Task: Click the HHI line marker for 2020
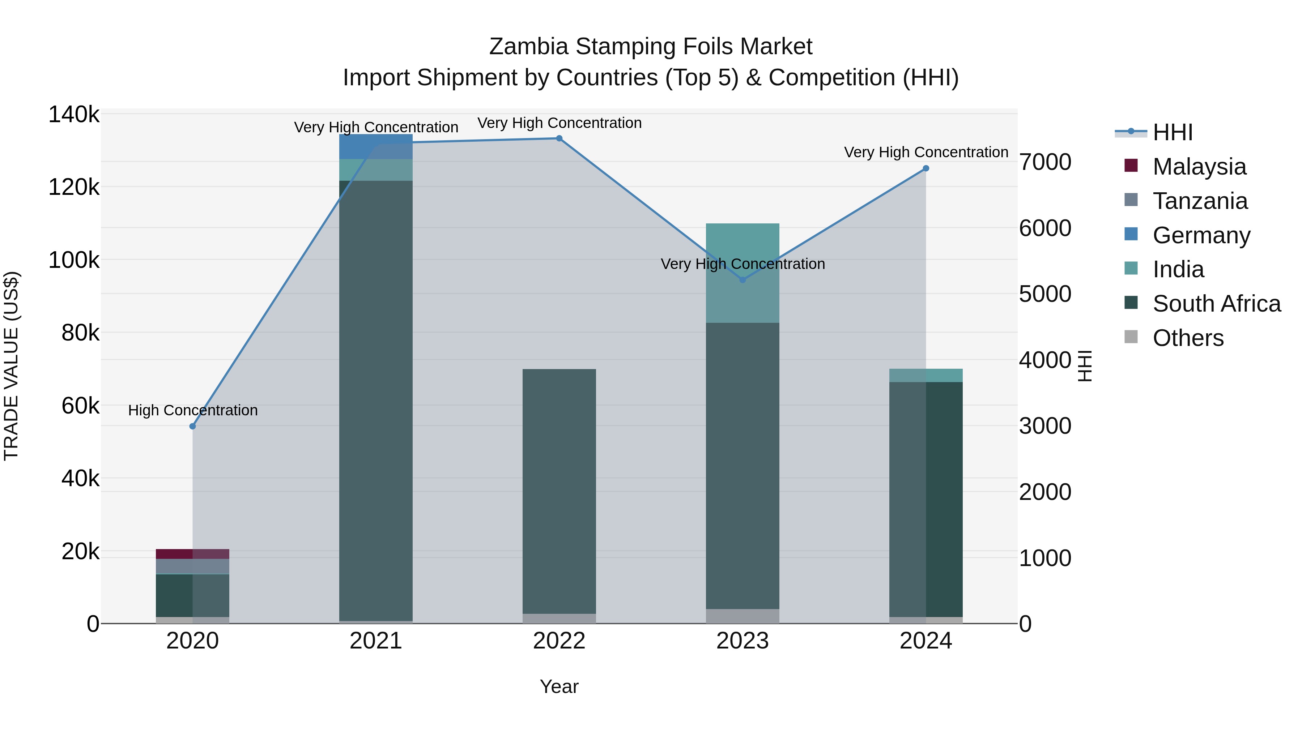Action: (192, 427)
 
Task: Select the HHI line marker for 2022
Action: (559, 138)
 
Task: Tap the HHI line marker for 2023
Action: (743, 280)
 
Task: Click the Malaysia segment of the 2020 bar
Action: (192, 554)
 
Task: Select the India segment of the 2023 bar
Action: (743, 273)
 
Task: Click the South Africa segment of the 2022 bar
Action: (559, 490)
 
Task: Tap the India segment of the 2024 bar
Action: (926, 375)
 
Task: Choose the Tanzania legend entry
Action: (1200, 201)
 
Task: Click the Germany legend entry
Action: (1201, 235)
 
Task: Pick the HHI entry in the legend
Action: (1173, 132)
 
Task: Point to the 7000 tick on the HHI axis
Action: (1045, 162)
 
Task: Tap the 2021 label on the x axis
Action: (376, 641)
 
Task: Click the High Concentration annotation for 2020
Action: (192, 410)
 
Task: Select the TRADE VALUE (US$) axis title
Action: (11, 366)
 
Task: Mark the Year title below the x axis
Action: (559, 686)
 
